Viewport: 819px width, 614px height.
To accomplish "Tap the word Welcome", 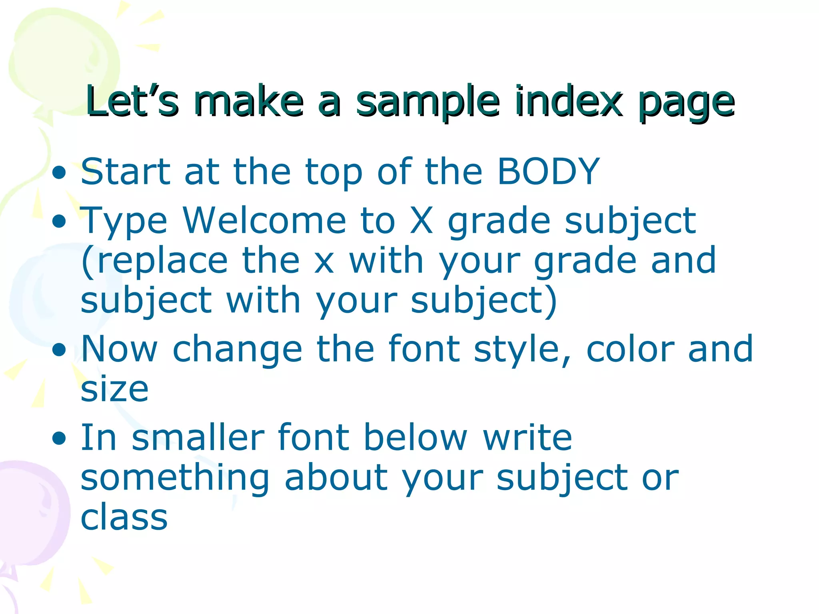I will (264, 221).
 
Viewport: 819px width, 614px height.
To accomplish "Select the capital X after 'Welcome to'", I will (421, 221).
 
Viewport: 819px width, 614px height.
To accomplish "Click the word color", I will (630, 349).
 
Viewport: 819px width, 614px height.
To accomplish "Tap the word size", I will (114, 389).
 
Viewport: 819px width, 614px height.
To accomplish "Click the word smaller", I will (198, 437).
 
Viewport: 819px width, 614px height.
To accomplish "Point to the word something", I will (175, 479).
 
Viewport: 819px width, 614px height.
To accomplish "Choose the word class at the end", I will (124, 517).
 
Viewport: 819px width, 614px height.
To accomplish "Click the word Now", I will (119, 349).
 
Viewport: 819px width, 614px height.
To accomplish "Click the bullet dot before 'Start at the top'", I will (59, 173).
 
